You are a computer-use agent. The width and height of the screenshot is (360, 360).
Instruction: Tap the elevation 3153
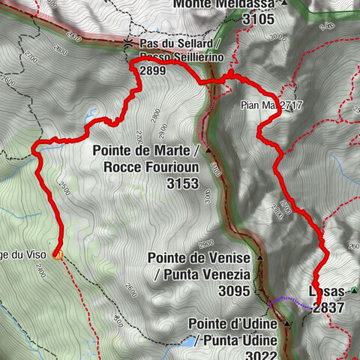click(x=182, y=183)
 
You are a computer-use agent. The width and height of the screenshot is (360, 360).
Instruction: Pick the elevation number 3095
click(x=232, y=290)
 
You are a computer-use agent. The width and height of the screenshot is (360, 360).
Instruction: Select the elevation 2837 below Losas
click(x=331, y=307)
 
